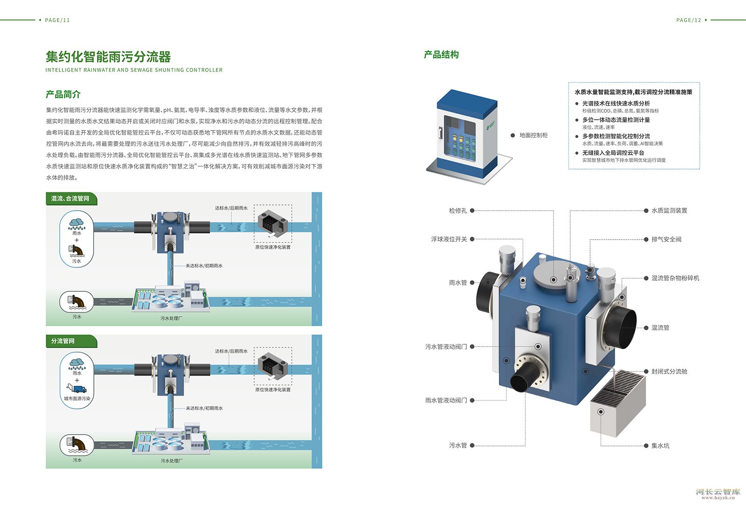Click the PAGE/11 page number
coord(57,20)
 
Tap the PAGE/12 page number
coord(689,20)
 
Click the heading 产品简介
coord(63,95)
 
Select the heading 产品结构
coord(441,55)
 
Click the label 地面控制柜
coord(533,135)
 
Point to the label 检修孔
coord(457,211)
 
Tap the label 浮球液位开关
coord(449,239)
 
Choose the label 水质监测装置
coord(669,211)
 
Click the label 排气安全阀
coord(666,239)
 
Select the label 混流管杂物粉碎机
coord(675,278)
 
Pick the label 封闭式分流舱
coord(669,371)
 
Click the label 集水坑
coord(660,446)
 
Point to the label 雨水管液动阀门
coord(446,400)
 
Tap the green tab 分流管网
coord(63,341)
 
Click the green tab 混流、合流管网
coord(70,198)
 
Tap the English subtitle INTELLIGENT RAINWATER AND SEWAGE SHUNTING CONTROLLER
coord(134,70)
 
